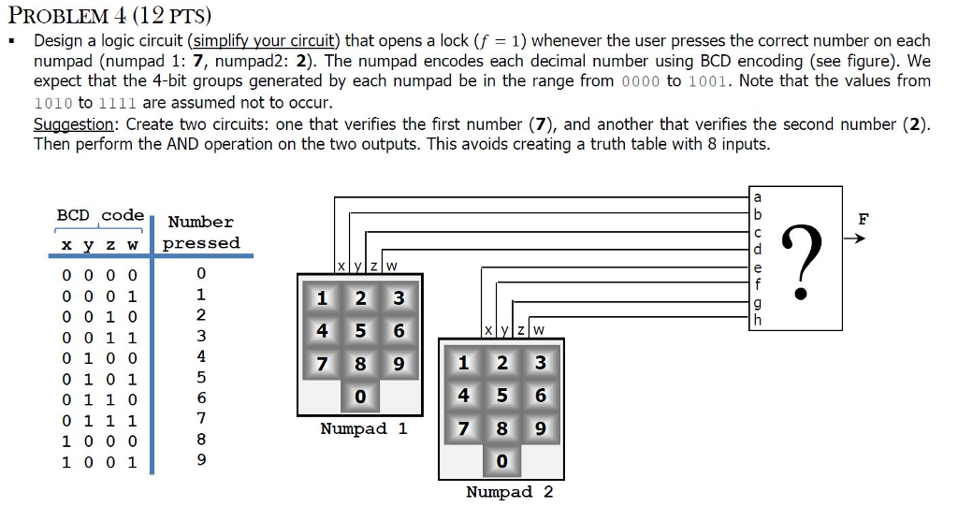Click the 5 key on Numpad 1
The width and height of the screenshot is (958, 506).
360,331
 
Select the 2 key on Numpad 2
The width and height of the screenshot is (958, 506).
501,364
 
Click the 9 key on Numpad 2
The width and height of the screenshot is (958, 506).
540,427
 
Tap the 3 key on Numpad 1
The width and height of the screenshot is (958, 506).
399,299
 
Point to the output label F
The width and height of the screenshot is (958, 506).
863,219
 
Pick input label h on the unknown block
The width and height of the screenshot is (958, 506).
757,321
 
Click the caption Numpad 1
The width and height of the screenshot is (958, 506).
364,429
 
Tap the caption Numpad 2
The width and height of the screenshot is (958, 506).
509,492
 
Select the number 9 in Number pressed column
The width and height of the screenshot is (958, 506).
200,460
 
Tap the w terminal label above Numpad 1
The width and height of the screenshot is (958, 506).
391,266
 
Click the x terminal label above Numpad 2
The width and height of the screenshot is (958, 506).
488,329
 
